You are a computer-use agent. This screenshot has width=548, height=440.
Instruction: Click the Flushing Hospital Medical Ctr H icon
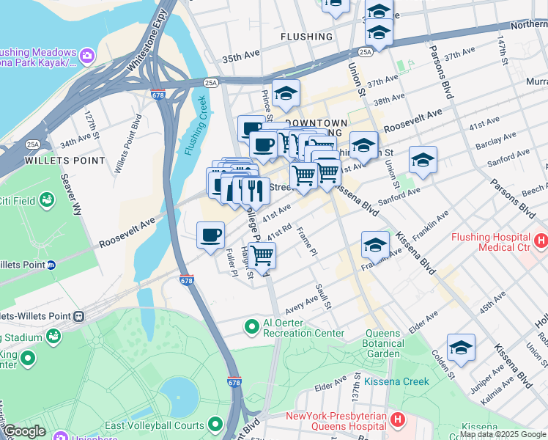[541, 240]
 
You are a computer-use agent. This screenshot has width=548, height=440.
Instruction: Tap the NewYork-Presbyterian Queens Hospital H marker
[397, 419]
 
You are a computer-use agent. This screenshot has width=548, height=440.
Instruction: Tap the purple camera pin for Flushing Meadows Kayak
[86, 54]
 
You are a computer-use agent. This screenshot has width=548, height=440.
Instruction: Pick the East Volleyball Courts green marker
[215, 425]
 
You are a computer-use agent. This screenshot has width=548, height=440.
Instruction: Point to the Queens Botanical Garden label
[384, 343]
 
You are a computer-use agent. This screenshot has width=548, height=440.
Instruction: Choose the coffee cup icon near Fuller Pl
[211, 235]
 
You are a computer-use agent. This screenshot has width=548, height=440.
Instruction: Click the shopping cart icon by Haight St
[262, 256]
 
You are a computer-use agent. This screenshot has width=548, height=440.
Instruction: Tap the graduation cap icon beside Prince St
[286, 94]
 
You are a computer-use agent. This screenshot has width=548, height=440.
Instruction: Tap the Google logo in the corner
[24, 431]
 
